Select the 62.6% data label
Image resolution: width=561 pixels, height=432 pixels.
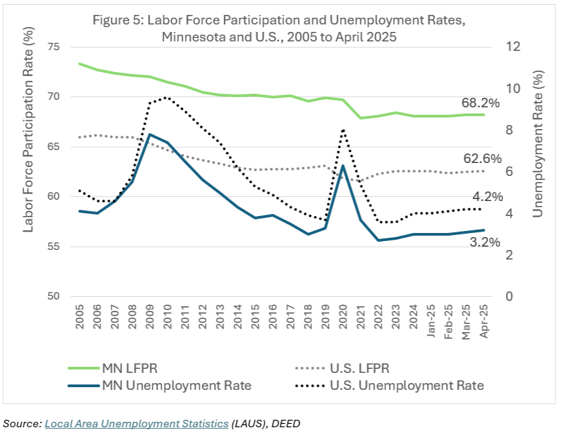point(482,158)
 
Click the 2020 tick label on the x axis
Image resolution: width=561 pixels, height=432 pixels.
point(343,319)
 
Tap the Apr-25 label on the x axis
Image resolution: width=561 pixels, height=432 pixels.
point(483,323)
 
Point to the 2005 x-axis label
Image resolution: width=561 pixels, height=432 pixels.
point(80,319)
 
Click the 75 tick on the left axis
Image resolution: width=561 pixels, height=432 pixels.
point(54,47)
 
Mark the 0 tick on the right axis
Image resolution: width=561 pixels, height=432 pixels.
point(506,297)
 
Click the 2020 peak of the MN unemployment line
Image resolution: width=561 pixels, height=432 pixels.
point(343,166)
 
